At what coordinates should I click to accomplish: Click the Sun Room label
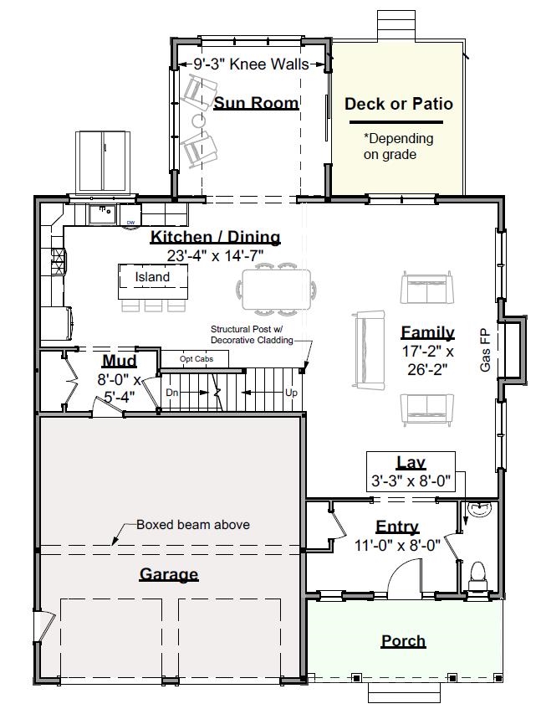click(256, 103)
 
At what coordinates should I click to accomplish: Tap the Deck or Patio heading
click(399, 104)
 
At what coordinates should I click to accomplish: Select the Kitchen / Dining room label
click(216, 237)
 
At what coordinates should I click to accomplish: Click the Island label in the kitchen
click(153, 277)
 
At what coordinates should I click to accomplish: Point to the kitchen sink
click(102, 214)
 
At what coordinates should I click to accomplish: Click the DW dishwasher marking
click(130, 223)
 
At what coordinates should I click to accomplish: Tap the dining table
click(276, 290)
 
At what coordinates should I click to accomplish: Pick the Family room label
click(427, 332)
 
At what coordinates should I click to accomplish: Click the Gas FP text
click(486, 352)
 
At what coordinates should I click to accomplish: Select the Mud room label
click(120, 361)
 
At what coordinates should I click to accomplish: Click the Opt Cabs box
click(195, 359)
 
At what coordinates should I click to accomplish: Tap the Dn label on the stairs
click(172, 393)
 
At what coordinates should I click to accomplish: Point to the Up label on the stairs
click(291, 393)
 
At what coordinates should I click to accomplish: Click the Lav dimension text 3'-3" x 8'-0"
click(411, 480)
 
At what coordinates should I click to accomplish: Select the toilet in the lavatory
click(477, 576)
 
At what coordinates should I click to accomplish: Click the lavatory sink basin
click(478, 509)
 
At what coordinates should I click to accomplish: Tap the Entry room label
click(397, 527)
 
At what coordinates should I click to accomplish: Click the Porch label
click(403, 641)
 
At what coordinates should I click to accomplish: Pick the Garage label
click(169, 574)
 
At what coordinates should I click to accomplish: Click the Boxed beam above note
click(193, 525)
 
